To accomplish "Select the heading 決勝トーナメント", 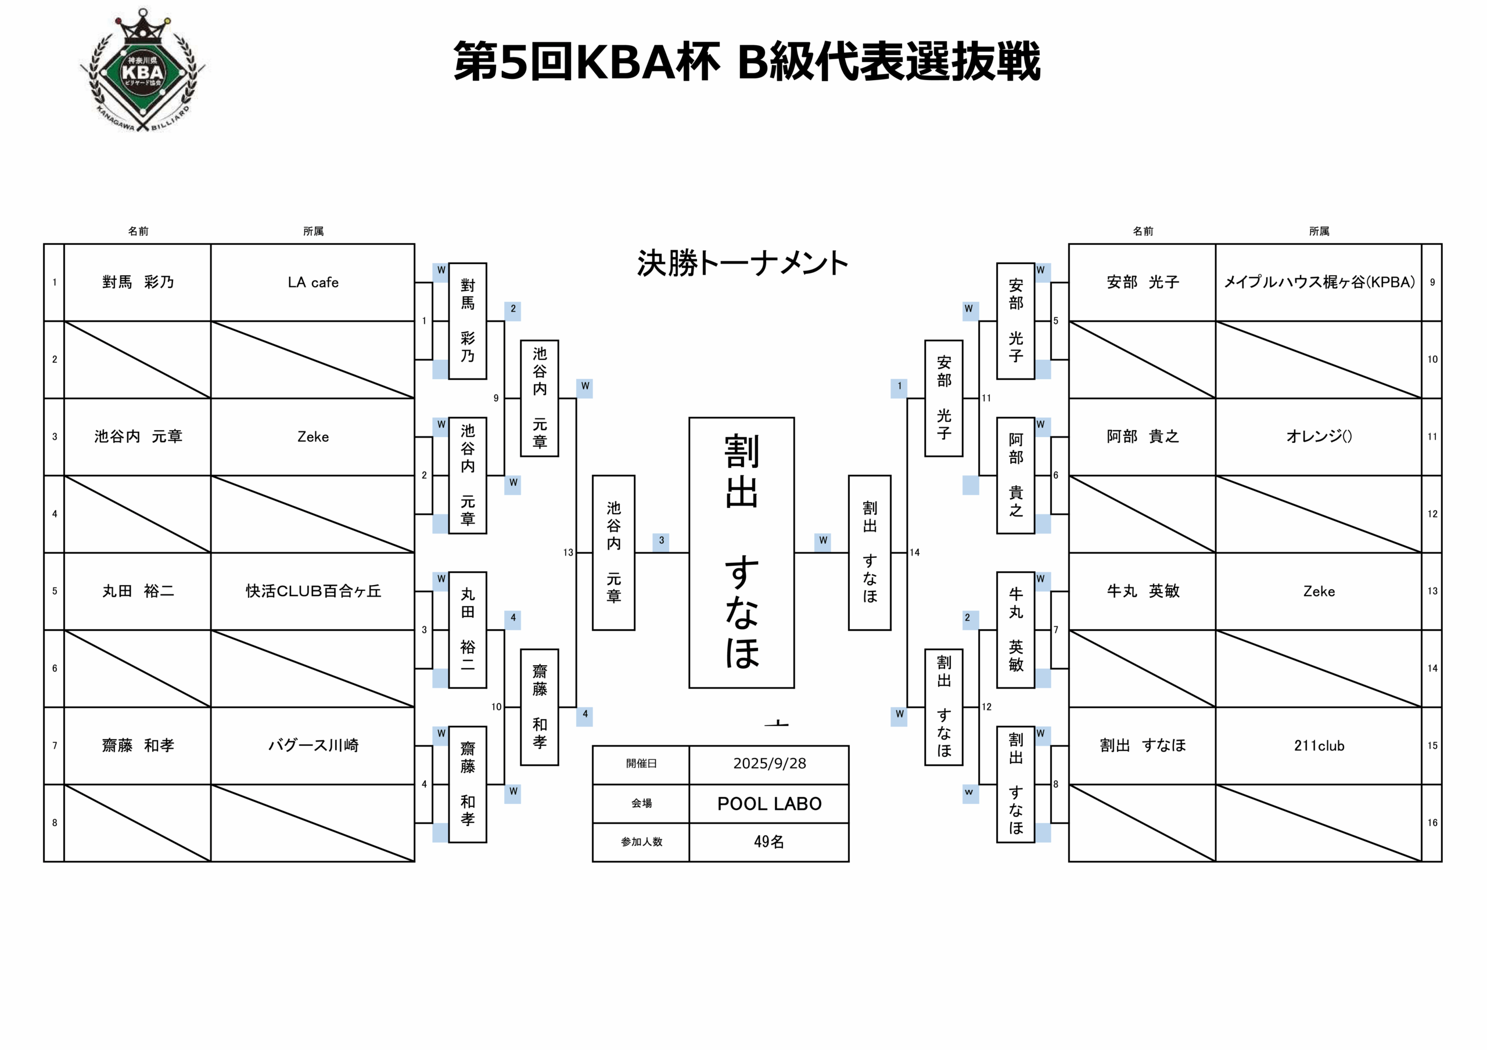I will click(x=742, y=264).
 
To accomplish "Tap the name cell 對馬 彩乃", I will click(x=138, y=282).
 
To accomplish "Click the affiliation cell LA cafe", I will click(x=313, y=282).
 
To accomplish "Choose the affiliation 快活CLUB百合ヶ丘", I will click(x=313, y=591).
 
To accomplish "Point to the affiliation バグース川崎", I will click(x=313, y=745).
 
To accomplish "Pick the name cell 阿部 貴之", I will click(x=1143, y=436).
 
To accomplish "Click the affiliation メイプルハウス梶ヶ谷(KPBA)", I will click(x=1319, y=282).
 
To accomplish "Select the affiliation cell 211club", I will click(x=1319, y=745).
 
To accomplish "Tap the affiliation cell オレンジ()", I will click(x=1319, y=436).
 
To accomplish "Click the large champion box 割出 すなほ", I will click(x=742, y=552).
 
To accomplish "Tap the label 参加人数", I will click(x=641, y=842).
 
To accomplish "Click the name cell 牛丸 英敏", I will click(x=1143, y=591).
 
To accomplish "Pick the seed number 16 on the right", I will click(x=1432, y=823).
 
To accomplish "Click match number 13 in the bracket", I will click(x=568, y=552).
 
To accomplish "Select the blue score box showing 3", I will click(x=660, y=540).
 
